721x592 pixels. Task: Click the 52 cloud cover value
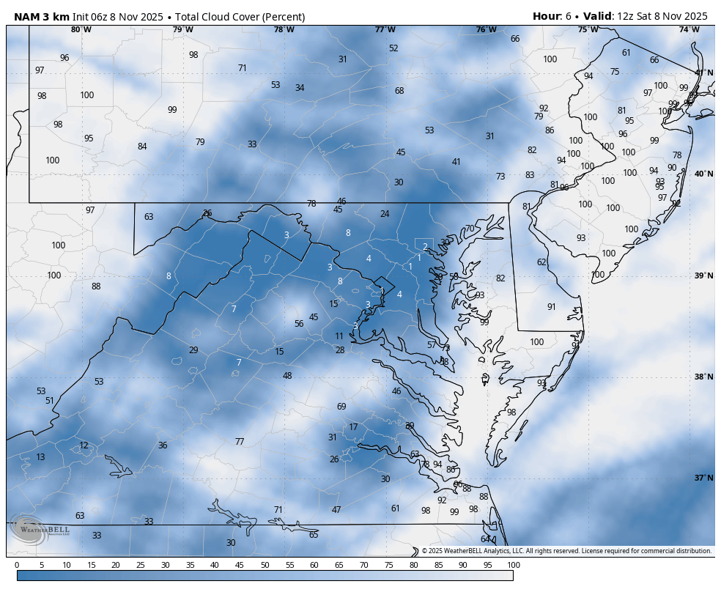click(x=393, y=48)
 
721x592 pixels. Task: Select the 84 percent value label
click(x=142, y=147)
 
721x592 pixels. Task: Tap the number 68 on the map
click(x=399, y=91)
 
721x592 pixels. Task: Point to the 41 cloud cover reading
click(x=456, y=162)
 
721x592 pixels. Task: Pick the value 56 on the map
click(x=299, y=324)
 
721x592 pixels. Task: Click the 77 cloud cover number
click(x=240, y=442)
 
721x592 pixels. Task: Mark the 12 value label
click(x=84, y=445)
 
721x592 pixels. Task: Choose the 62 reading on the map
click(x=541, y=262)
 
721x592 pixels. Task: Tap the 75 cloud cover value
click(x=615, y=72)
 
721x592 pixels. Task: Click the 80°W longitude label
click(x=81, y=29)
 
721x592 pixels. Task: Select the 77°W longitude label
click(x=385, y=29)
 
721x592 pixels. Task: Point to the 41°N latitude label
click(x=703, y=73)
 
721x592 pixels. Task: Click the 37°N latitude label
click(x=703, y=478)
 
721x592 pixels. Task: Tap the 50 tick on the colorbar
click(x=265, y=565)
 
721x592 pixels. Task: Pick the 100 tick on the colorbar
click(x=513, y=565)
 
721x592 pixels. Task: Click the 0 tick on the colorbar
click(x=17, y=565)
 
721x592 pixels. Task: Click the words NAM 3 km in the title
click(x=41, y=16)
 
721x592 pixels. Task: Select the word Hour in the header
click(x=547, y=16)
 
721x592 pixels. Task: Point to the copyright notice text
click(x=566, y=551)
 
